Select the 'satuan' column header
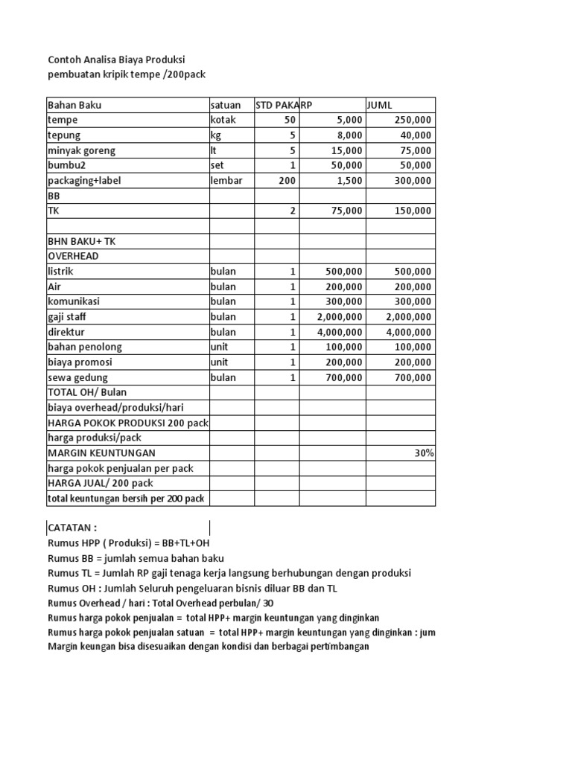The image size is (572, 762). click(226, 105)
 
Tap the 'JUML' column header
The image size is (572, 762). click(379, 105)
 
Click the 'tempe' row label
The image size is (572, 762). click(63, 120)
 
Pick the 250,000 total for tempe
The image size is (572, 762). click(412, 120)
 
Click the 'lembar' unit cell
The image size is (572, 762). click(226, 181)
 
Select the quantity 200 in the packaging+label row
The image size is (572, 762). click(287, 181)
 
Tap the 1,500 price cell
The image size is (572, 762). click(350, 181)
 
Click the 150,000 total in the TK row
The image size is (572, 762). click(412, 211)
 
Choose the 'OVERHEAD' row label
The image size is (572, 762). click(73, 256)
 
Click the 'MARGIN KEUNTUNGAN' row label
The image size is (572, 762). click(102, 453)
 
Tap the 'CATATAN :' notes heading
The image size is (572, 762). click(72, 528)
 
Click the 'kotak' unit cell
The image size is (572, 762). click(223, 120)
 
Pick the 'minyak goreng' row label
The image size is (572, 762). click(81, 150)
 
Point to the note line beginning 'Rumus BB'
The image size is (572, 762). click(136, 558)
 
